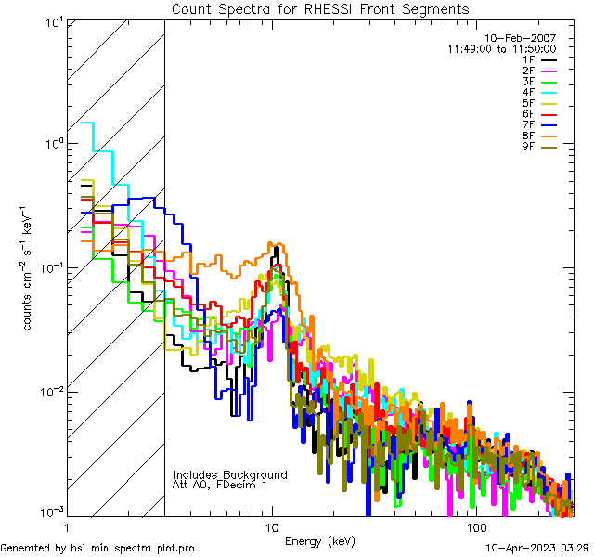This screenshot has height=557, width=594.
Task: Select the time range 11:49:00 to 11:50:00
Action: tap(501, 48)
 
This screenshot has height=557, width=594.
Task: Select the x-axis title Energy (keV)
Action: tap(319, 541)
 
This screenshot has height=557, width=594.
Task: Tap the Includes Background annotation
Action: tap(230, 474)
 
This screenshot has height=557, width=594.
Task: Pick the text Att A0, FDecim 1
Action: tap(220, 485)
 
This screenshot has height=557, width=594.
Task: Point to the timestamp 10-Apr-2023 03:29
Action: tap(538, 549)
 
